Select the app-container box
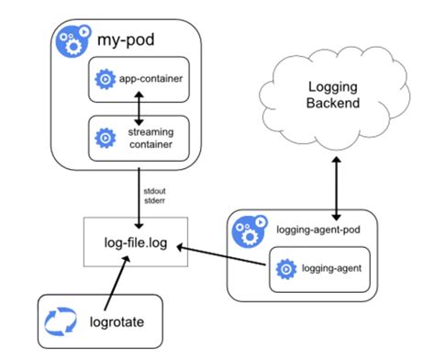(137, 80)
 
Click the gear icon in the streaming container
(104, 138)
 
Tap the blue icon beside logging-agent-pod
(245, 229)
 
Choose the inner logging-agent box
(318, 268)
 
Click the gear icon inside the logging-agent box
(284, 268)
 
